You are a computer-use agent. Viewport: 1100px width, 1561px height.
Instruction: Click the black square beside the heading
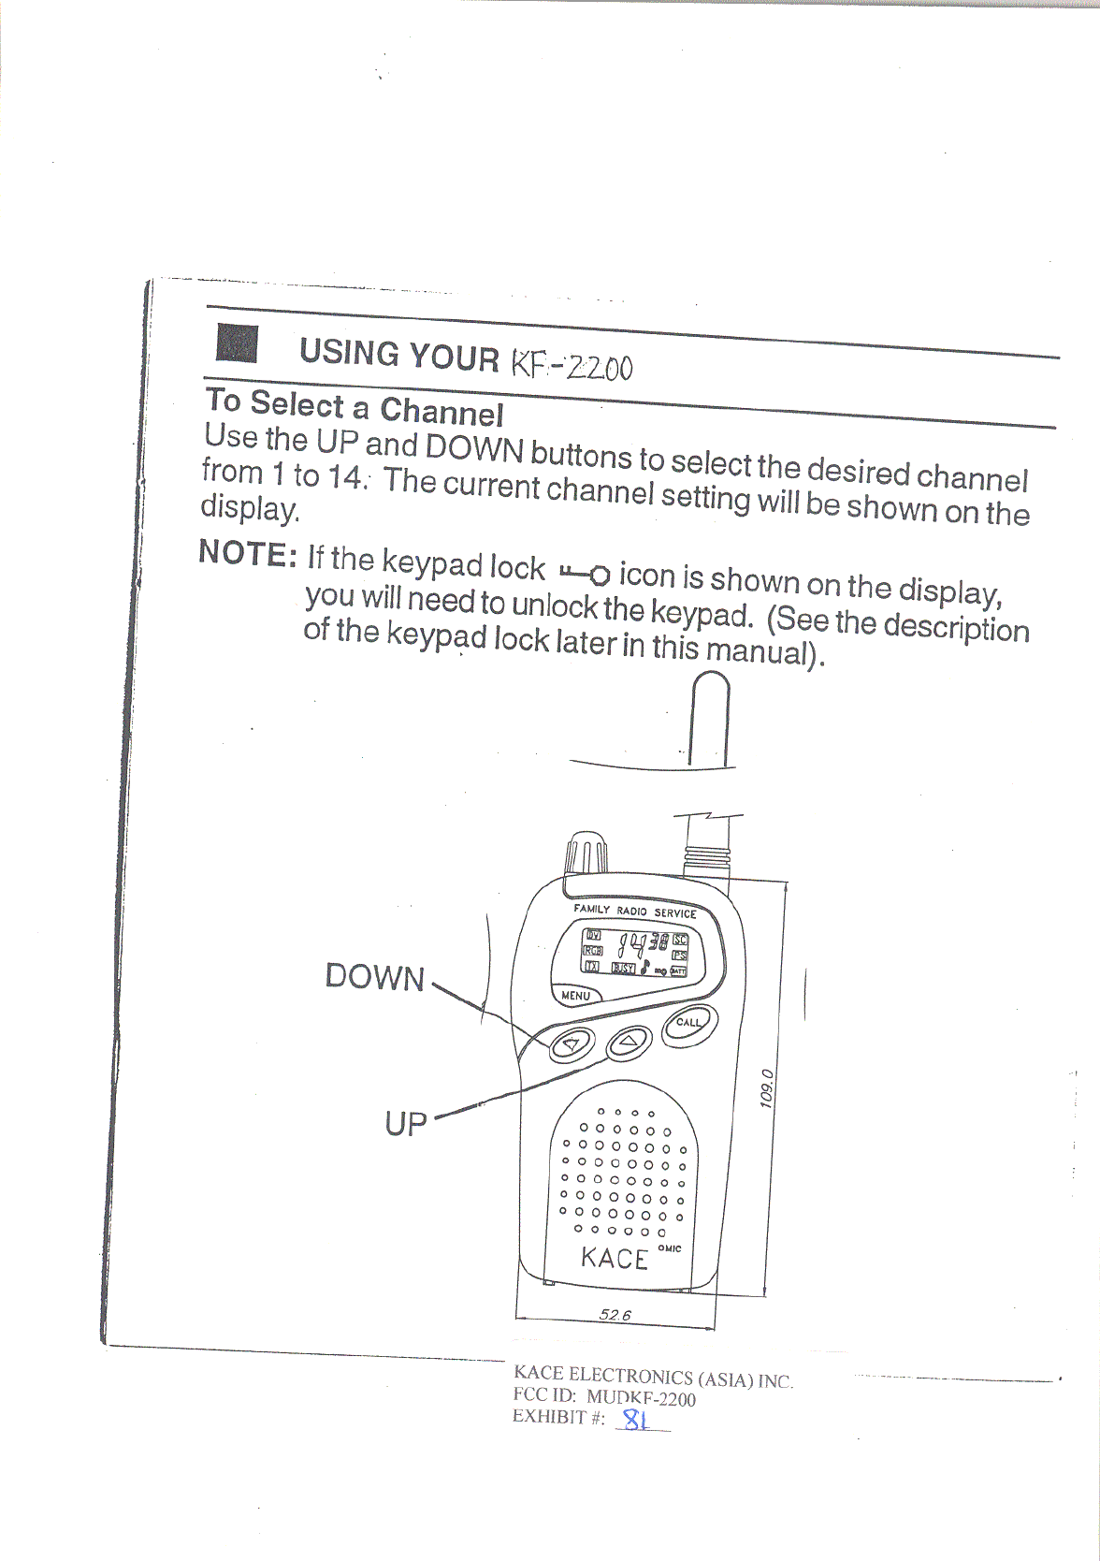point(237,343)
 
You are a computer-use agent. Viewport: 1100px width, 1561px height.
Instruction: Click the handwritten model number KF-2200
point(571,364)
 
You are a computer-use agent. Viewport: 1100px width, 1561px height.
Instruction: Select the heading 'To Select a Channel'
point(354,407)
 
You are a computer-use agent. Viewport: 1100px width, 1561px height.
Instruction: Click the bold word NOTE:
point(248,554)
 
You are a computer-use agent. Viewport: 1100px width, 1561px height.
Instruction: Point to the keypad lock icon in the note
point(585,573)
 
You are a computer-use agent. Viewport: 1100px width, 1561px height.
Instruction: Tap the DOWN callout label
point(374,977)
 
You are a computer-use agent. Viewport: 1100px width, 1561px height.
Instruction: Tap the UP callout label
point(405,1123)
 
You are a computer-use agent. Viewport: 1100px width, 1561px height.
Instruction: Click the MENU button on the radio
point(576,996)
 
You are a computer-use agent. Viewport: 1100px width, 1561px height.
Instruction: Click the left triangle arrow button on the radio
point(570,1043)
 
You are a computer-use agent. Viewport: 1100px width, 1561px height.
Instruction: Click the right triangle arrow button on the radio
point(628,1041)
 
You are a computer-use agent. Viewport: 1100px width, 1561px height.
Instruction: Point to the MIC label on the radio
point(671,1248)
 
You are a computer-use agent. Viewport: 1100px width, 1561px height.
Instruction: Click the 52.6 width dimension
point(615,1315)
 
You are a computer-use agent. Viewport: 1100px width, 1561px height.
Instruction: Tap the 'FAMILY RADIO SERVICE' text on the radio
point(635,911)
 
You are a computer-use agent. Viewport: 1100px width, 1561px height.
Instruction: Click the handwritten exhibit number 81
point(636,1421)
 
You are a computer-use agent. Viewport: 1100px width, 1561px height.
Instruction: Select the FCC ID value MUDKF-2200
point(641,1399)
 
